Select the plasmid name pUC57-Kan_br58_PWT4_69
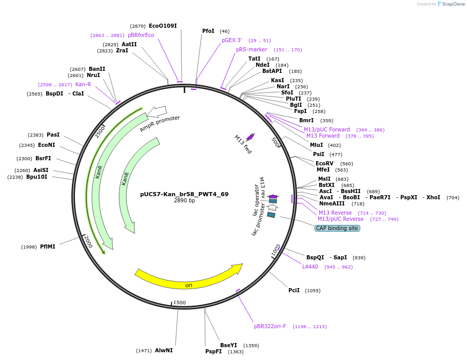[184, 194]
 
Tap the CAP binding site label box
[337, 228]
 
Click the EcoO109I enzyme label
[163, 26]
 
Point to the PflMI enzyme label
[48, 247]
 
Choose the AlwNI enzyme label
[164, 350]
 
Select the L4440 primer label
[310, 267]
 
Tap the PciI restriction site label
[294, 290]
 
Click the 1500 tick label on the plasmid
[179, 302]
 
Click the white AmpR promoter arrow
[157, 111]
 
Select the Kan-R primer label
[83, 84]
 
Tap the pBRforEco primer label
[141, 35]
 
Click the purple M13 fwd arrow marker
[250, 137]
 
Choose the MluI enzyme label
[317, 145]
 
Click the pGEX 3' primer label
[232, 40]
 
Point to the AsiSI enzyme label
[42, 170]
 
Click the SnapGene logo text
[453, 4]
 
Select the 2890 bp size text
[184, 201]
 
